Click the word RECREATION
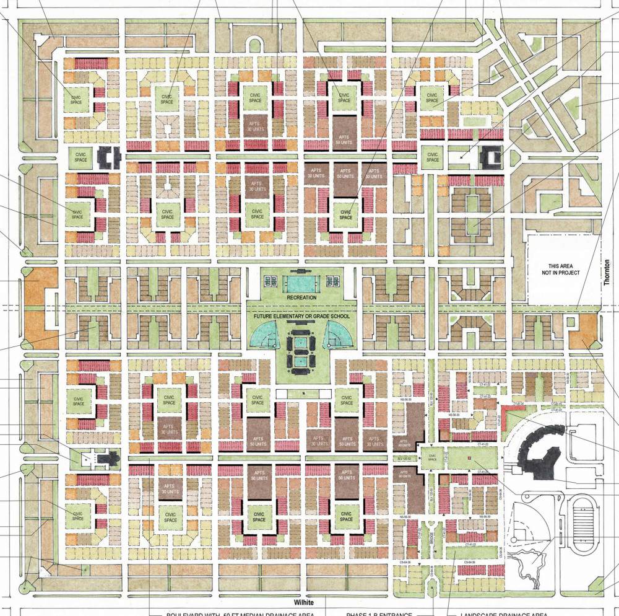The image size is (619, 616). tap(301, 297)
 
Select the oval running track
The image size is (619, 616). tap(584, 523)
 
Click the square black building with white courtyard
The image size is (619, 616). tap(491, 156)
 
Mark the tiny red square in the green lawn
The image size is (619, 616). tap(470, 458)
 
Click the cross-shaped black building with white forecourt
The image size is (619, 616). tap(110, 459)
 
